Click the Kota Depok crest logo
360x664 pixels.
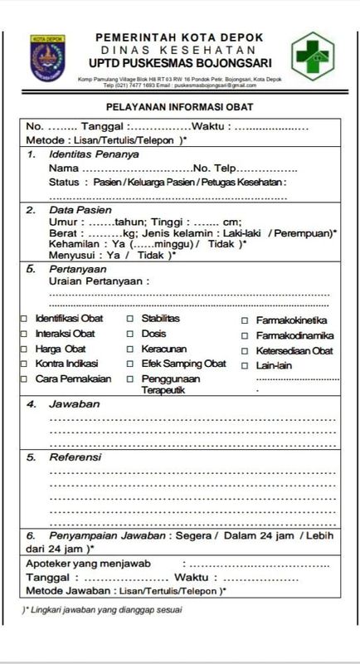(x=49, y=58)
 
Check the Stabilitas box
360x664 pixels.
(x=131, y=319)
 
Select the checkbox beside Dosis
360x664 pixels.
(x=131, y=334)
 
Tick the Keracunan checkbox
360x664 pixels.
(x=131, y=349)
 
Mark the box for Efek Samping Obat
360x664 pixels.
(x=131, y=364)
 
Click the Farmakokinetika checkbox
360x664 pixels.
(x=246, y=320)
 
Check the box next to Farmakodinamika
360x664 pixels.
(x=246, y=336)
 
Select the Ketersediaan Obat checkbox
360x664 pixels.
(x=246, y=351)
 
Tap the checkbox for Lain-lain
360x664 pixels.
(x=246, y=365)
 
